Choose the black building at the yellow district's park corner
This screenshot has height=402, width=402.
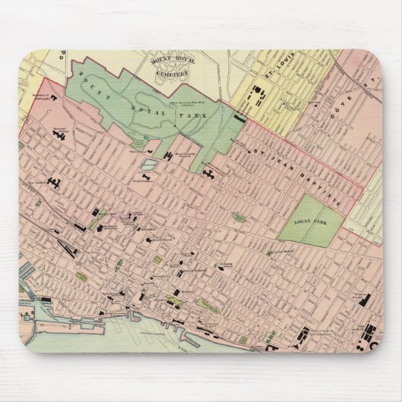coord(239,119)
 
